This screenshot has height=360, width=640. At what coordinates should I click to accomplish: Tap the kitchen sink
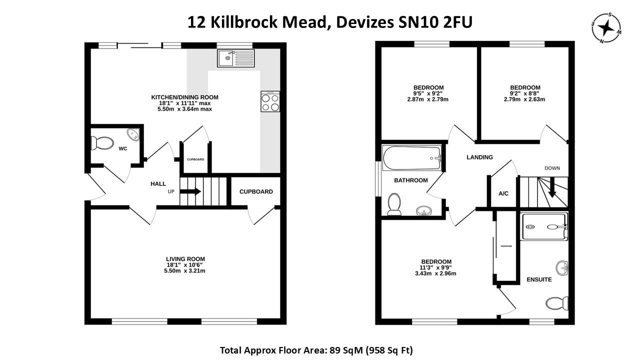[235, 58]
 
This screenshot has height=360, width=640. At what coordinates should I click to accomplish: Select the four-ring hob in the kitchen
[270, 102]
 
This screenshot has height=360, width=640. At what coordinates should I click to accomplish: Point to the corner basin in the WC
[133, 134]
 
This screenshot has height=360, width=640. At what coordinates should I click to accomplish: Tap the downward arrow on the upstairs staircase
[553, 190]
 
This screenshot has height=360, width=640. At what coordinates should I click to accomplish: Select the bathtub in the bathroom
[412, 158]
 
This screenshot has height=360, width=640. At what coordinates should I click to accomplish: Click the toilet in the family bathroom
[394, 204]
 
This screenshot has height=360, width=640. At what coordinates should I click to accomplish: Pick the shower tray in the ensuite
[544, 227]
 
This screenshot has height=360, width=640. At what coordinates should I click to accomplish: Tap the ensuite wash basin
[563, 267]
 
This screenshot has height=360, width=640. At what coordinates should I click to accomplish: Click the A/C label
[503, 193]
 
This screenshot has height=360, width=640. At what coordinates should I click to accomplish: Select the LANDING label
[479, 157]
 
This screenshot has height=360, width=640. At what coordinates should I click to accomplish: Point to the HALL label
[158, 184]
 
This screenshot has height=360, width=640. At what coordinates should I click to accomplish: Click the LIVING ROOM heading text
[185, 258]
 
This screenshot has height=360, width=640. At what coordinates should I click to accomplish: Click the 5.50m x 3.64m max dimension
[185, 108]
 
